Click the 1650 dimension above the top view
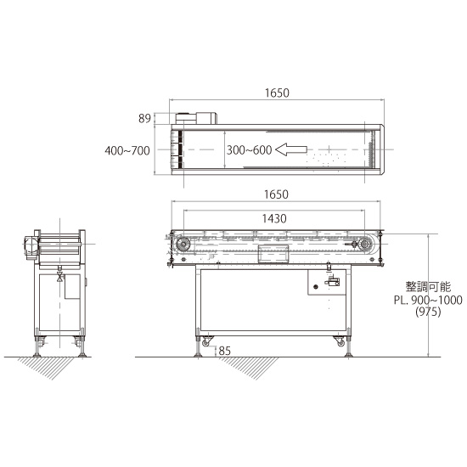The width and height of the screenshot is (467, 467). coord(277,93)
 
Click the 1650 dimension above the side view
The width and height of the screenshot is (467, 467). coord(277,194)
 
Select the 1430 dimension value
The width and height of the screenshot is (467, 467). coord(274,218)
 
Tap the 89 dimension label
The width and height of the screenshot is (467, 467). coord(144,119)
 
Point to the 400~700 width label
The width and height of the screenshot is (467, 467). coord(127,150)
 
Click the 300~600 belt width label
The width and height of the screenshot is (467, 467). coord(250,149)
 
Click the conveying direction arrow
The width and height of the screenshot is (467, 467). coord(291,149)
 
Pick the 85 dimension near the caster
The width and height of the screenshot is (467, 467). coord(224,351)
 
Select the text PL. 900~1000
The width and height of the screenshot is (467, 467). coord(428,300)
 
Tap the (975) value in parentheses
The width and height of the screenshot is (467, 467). coord(428,312)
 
